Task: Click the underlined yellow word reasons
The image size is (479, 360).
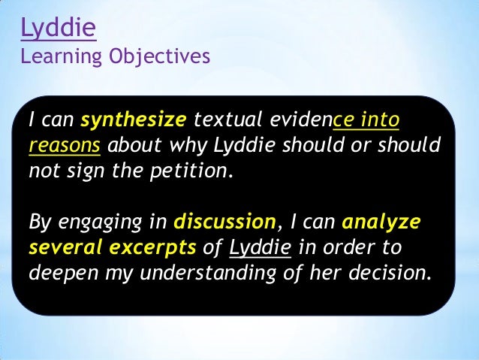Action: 64,145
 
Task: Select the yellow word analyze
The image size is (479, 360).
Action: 381,222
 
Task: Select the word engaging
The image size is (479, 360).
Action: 94,222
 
